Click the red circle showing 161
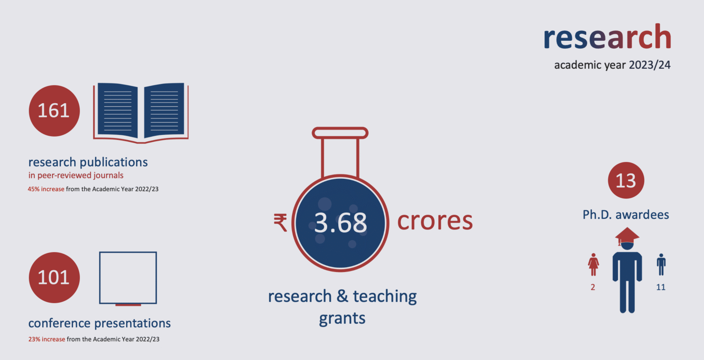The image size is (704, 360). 54,111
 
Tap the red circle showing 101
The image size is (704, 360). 54,277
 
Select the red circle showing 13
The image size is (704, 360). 626,180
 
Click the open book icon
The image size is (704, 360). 141,112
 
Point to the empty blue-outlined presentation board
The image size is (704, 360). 128,277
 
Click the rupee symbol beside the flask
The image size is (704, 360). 280,222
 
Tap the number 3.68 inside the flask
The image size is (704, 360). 341,222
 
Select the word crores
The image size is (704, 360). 434,221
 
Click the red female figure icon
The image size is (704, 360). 593,265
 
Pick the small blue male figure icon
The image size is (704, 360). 660,265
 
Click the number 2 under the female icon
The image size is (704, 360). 593,288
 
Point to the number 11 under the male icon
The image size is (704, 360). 660,288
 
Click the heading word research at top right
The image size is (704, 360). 607,38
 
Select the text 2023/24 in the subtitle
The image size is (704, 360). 649,65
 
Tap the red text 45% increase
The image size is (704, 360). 46,189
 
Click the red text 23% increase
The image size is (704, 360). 47,339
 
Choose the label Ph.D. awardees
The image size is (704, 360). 626,215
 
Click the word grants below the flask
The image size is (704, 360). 342,318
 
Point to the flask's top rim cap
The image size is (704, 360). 340,133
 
